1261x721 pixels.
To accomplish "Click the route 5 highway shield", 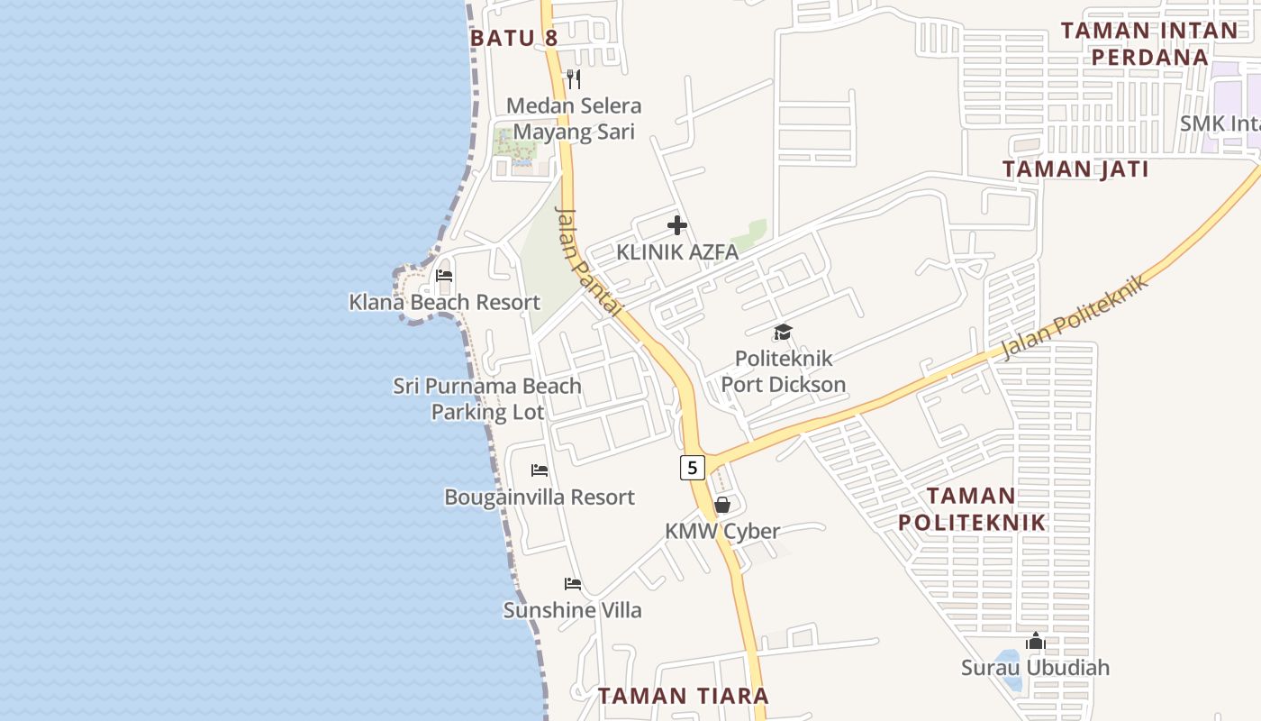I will pos(692,467).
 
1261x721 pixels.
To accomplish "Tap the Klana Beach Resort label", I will pos(444,302).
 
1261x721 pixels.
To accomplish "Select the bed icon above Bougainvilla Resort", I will pos(540,470).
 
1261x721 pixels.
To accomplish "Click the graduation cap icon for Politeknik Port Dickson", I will pos(783,333).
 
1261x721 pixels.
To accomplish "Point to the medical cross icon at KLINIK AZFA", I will pos(677,225).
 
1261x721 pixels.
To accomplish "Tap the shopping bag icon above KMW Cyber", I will pos(722,505).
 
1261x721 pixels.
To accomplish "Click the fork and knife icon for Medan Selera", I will pos(573,79).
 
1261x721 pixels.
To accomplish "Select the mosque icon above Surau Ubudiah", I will pos(1035,641).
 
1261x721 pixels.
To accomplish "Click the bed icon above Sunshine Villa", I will pos(572,584).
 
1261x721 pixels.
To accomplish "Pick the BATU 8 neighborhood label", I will pos(514,38).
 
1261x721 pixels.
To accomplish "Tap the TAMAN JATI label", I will pos(1075,169).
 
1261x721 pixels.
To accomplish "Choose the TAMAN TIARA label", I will pos(684,696).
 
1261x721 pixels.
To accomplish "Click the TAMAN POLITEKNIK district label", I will pos(972,508).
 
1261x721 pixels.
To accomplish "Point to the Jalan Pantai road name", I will pos(589,261).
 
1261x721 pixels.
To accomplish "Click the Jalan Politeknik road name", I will pos(1077,317).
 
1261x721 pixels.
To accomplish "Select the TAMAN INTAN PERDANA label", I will pos(1148,43).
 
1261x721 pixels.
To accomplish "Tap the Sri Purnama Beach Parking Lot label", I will pos(487,398).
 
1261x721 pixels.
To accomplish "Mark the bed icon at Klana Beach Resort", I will pos(443,276).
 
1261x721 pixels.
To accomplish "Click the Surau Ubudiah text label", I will pos(1035,668).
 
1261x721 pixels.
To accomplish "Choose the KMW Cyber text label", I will pos(722,531).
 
